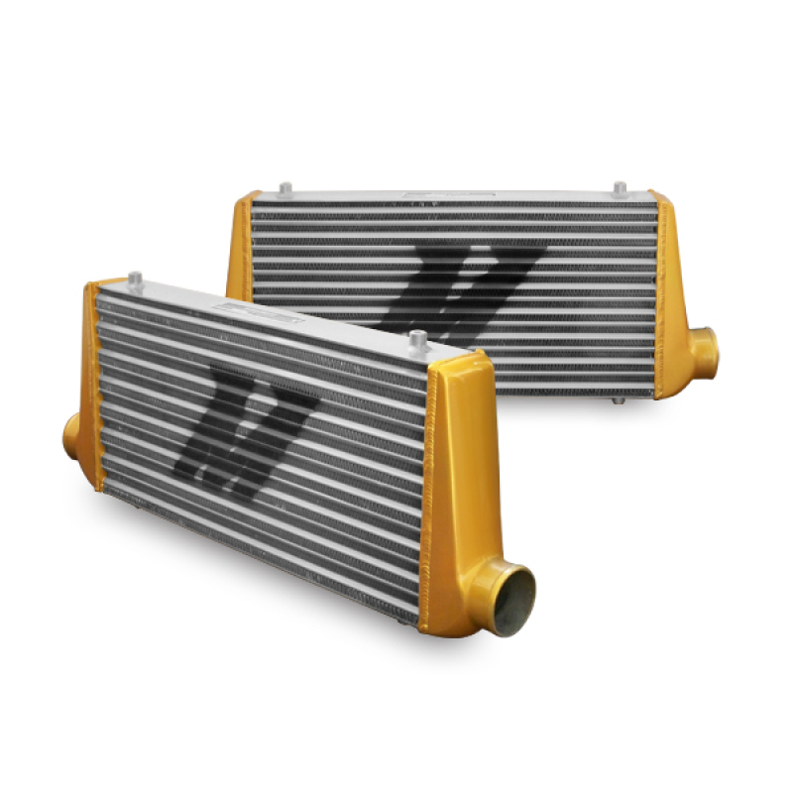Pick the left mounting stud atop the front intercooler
[136, 280]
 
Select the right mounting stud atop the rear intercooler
[620, 187]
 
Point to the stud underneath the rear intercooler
[618, 399]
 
